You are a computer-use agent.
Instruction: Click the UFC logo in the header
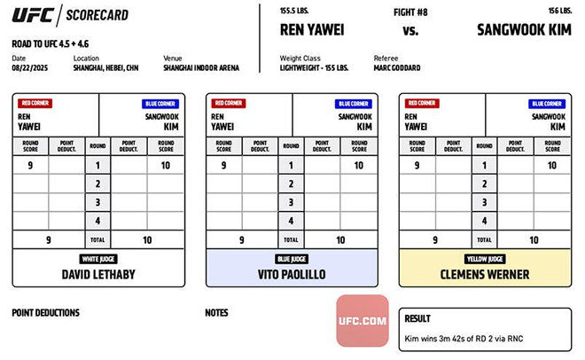coord(32,15)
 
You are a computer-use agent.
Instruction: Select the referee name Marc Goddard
coord(397,67)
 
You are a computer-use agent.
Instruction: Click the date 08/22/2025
coord(29,67)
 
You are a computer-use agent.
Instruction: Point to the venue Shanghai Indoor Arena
coord(202,67)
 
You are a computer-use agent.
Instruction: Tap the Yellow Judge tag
coord(485,259)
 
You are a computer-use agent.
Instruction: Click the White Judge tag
coord(98,259)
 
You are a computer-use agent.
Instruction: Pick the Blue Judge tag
coord(292,259)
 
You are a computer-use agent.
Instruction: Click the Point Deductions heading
coord(45,312)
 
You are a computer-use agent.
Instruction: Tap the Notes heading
coord(216,312)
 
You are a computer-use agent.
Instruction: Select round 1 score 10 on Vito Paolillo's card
coord(358,165)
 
